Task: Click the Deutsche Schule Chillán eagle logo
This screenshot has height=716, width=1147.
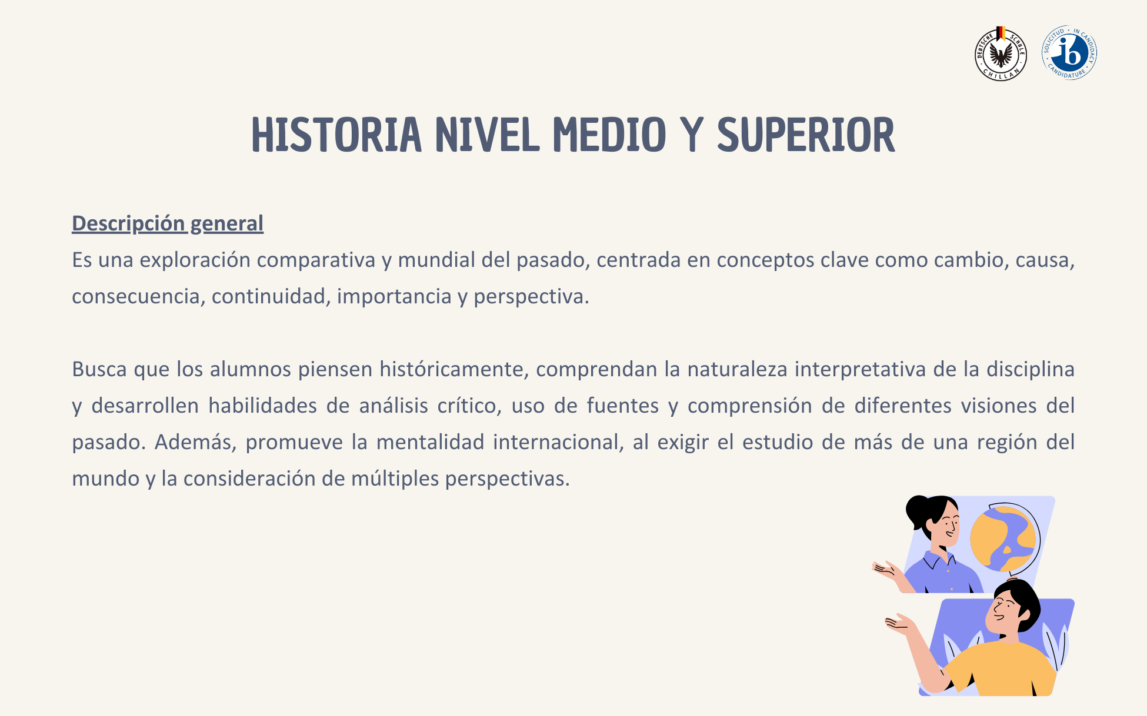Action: pos(1001,53)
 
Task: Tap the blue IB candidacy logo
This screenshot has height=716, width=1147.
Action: pos(1069,52)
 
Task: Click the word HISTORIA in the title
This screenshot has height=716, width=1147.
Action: pos(336,135)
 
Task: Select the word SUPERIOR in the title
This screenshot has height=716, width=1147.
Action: pos(806,135)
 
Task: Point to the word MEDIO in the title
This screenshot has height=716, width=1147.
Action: pos(609,135)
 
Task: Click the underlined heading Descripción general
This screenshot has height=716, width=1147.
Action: pos(168,223)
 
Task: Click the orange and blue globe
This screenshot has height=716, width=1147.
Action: pos(1003,538)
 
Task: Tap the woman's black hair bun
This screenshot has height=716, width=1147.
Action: pos(917,510)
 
